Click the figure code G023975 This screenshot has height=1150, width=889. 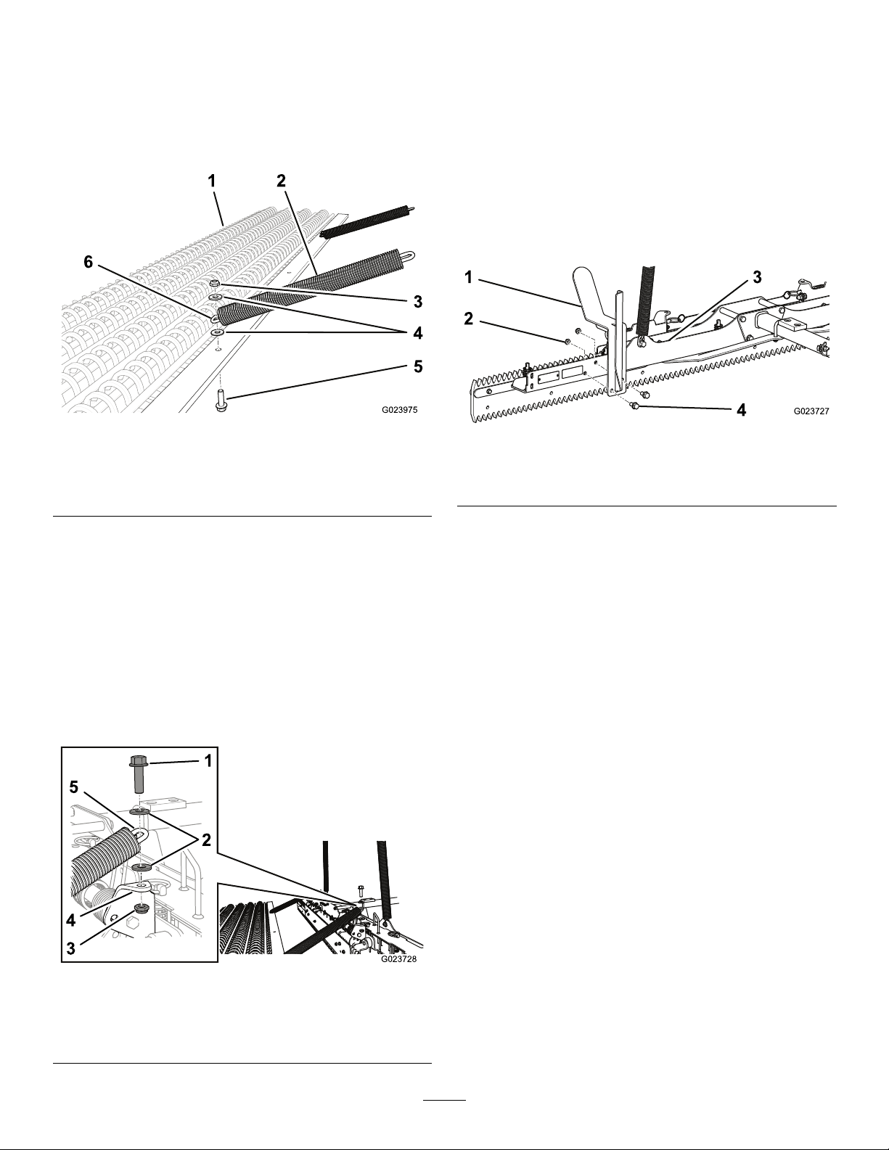click(x=400, y=410)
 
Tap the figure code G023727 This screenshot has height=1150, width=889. click(x=811, y=411)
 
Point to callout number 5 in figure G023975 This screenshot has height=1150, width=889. click(x=418, y=366)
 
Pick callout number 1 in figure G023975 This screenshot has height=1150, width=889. click(x=212, y=181)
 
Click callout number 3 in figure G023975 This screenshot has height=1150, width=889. click(x=418, y=302)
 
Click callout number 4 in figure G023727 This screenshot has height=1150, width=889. click(x=742, y=409)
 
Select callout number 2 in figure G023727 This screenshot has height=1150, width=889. click(x=468, y=319)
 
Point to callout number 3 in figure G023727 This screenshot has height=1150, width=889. click(x=757, y=276)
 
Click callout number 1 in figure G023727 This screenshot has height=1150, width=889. click(x=468, y=276)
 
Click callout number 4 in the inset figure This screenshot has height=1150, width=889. click(x=71, y=920)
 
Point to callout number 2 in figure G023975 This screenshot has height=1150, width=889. click(x=281, y=181)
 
